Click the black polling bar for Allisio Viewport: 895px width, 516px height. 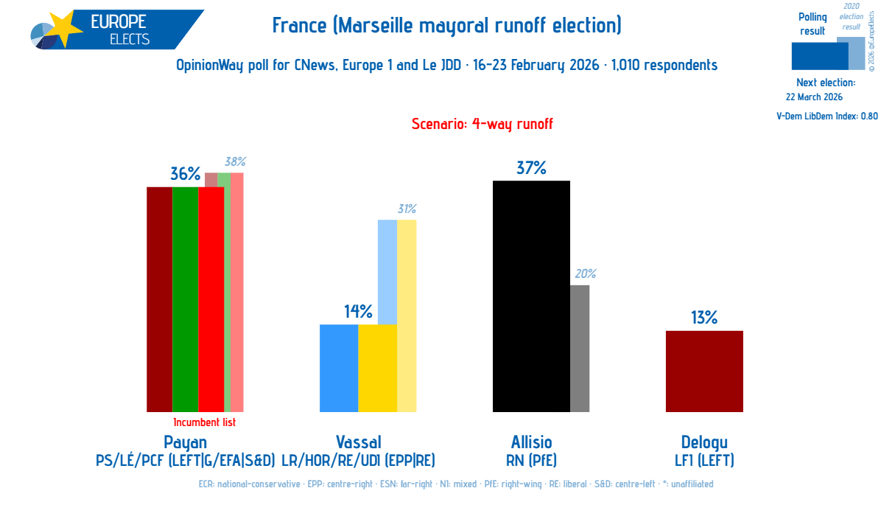531,296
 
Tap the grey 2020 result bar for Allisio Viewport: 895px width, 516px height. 580,348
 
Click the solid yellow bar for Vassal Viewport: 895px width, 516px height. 378,368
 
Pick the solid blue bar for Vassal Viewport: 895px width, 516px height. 339,368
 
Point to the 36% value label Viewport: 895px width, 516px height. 185,174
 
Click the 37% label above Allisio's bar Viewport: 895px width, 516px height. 531,168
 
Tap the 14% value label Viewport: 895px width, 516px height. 358,312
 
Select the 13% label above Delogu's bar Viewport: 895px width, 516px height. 704,318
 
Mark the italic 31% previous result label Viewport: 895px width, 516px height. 407,209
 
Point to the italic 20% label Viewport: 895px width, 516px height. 585,274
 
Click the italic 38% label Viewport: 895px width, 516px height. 235,162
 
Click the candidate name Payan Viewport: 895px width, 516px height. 185,442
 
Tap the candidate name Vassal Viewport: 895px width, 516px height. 359,442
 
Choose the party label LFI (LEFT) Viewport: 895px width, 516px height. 704,461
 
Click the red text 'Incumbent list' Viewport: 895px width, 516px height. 204,423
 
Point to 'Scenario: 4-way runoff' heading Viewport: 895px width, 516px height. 482,124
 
